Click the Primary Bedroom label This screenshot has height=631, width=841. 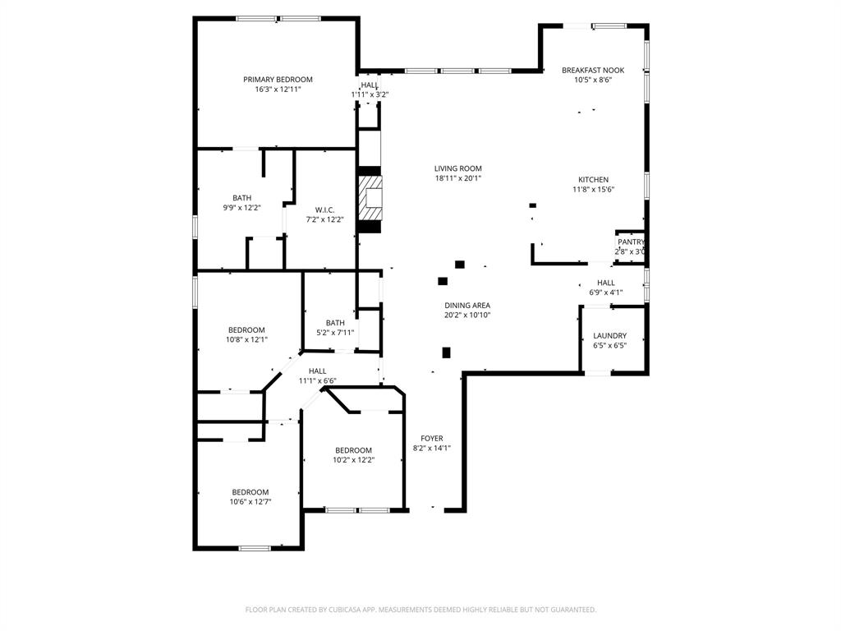coord(278,80)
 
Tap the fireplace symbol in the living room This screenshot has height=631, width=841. coord(370,197)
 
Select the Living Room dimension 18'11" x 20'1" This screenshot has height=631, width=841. coord(458,178)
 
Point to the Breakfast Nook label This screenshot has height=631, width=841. coord(587,71)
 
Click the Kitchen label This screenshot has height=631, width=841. coord(593,180)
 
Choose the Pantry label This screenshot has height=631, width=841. coord(631,242)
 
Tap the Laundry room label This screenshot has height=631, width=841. coord(610,336)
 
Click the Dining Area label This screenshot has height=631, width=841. coord(467,306)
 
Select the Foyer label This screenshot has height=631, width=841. coord(432,439)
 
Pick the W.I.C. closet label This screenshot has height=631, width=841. coord(324,210)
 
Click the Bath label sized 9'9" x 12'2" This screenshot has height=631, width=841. coord(241,198)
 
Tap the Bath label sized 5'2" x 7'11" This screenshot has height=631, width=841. coord(335,323)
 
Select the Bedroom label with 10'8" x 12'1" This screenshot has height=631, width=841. coord(247,330)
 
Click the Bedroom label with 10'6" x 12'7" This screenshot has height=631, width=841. coord(250,492)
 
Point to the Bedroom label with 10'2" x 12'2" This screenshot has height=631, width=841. coord(353,450)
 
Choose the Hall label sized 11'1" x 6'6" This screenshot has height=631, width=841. coord(317,371)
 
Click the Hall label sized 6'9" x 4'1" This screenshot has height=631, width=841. coord(606,283)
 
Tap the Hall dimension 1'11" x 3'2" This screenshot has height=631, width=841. coord(370,94)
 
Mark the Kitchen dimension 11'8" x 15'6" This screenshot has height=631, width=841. coord(593,190)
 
